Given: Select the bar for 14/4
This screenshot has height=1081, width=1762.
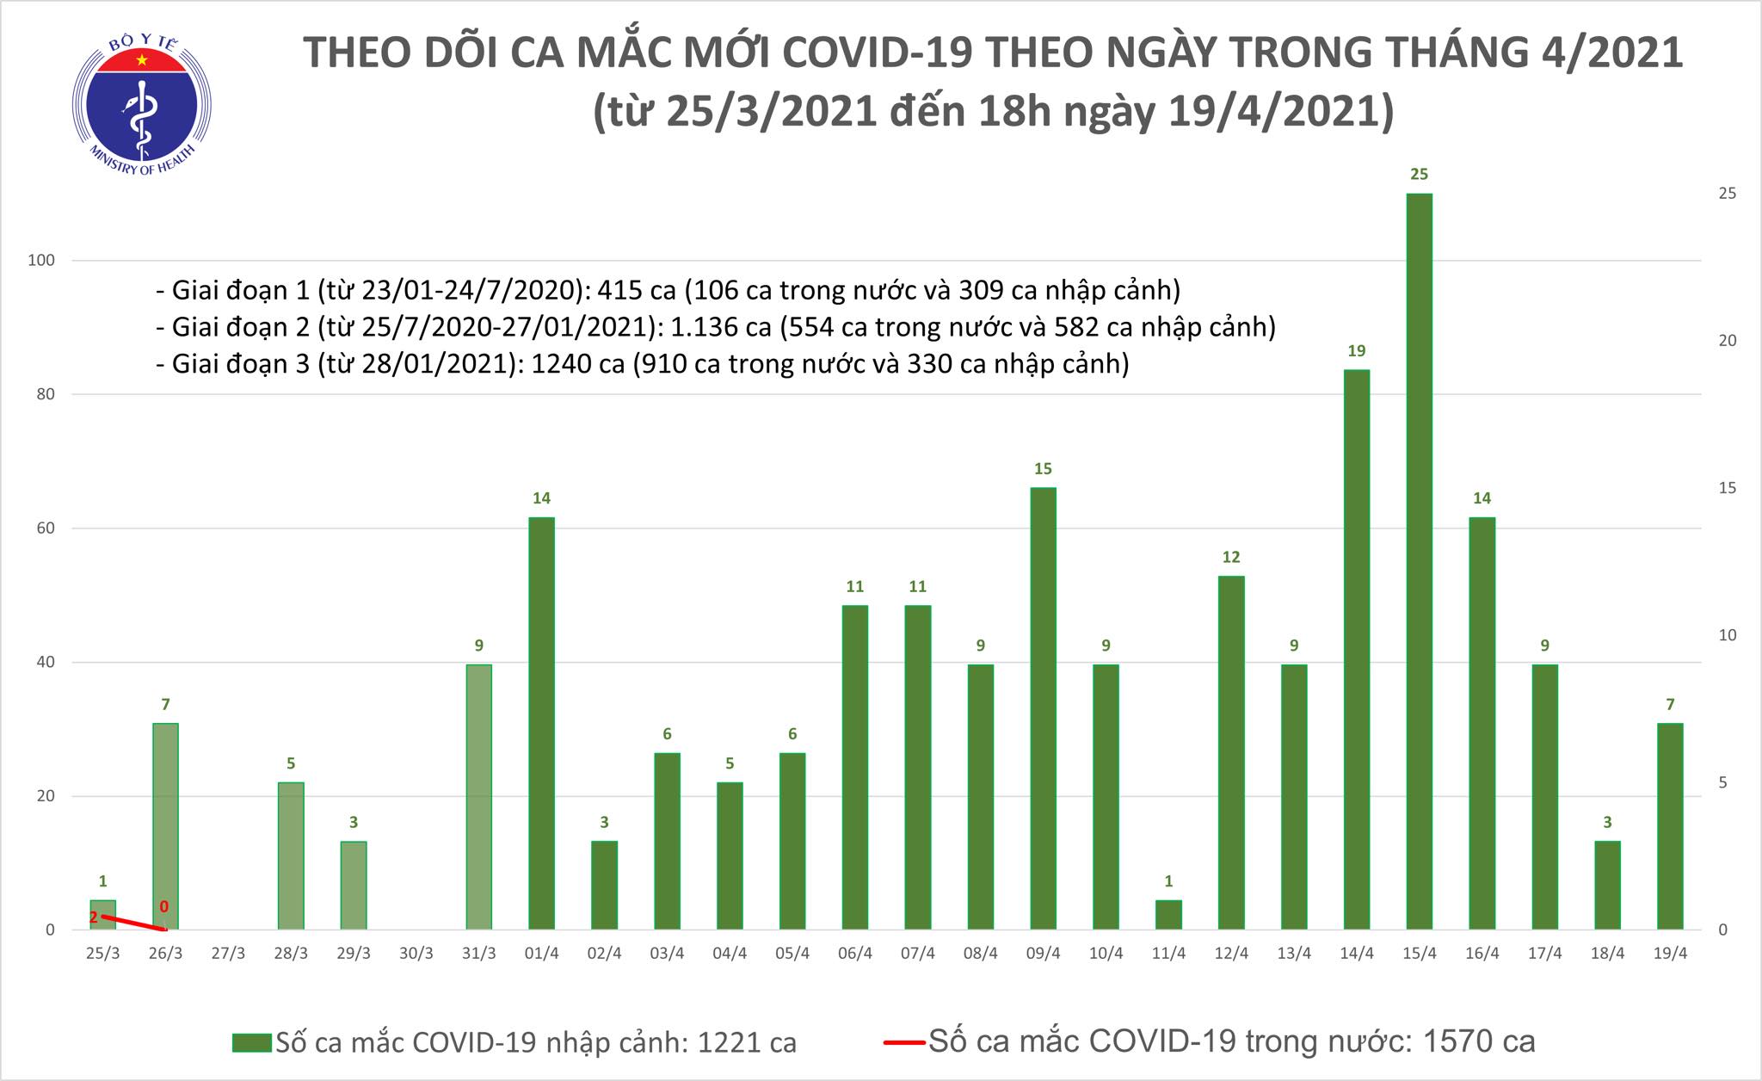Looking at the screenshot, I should coord(1356,650).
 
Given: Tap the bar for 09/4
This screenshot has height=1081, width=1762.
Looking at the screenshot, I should coord(1043,708).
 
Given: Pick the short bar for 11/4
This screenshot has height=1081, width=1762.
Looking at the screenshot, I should coord(1168,915).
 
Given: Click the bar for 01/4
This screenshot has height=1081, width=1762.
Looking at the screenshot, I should coord(541,723).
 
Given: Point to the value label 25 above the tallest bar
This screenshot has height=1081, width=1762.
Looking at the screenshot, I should coord(1419,175).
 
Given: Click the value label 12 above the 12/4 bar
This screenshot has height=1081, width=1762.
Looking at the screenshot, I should coord(1231,557).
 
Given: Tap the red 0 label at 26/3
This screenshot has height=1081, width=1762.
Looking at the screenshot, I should coord(164,907).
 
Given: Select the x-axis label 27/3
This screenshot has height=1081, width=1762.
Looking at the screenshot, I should coord(228,954).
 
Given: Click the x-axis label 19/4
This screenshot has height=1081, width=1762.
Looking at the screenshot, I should coord(1670,954).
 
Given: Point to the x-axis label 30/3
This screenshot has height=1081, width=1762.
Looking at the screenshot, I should coord(416,954).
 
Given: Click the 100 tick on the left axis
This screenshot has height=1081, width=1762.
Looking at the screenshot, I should coord(41,260).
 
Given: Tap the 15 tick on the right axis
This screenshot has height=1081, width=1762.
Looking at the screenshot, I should coord(1727,488).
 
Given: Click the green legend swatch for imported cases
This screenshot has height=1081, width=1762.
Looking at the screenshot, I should coord(252,1043).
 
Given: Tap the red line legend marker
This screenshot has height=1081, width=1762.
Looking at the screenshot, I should coord(903,1043).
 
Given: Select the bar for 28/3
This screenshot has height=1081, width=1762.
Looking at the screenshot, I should coord(291,856).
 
